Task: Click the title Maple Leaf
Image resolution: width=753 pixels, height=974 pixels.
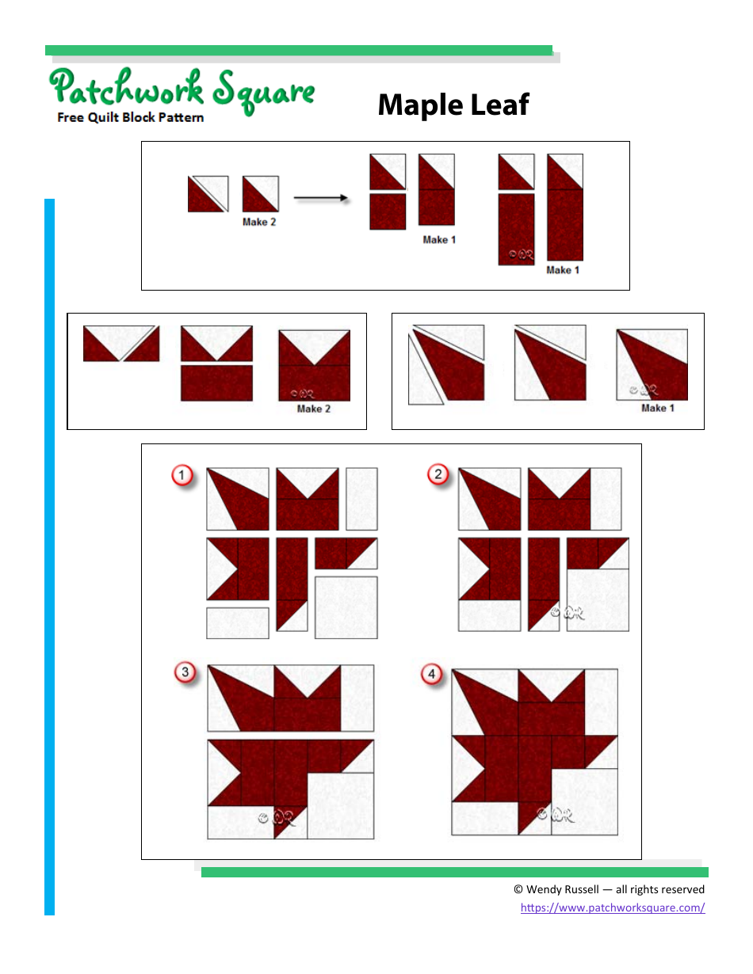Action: tap(453, 105)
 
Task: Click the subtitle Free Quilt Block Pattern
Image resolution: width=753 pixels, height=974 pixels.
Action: tap(130, 118)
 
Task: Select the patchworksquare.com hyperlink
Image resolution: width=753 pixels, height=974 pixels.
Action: tap(612, 907)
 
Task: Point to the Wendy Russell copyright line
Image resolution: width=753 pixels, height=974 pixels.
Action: tap(609, 889)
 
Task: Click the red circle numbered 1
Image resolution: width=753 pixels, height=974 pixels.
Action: tap(183, 476)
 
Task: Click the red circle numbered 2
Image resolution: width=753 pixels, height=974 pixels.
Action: tap(438, 475)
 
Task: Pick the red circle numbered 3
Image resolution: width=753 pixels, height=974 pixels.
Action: tap(185, 673)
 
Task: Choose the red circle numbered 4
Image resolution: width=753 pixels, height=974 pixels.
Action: tap(431, 675)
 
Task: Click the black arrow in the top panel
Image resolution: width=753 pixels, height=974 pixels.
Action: tap(321, 198)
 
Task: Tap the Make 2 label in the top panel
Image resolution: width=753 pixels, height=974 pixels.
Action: tap(259, 223)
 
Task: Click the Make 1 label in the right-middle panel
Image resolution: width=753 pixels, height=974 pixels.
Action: tap(653, 408)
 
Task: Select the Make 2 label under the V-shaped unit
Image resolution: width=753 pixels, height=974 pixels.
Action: tap(313, 409)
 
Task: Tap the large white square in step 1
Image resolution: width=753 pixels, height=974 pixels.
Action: tap(346, 607)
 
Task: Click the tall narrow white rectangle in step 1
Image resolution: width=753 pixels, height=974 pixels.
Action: tap(361, 499)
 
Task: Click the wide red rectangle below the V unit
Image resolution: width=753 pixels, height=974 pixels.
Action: tap(216, 382)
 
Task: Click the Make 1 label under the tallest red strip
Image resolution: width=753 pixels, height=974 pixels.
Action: tap(563, 270)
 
